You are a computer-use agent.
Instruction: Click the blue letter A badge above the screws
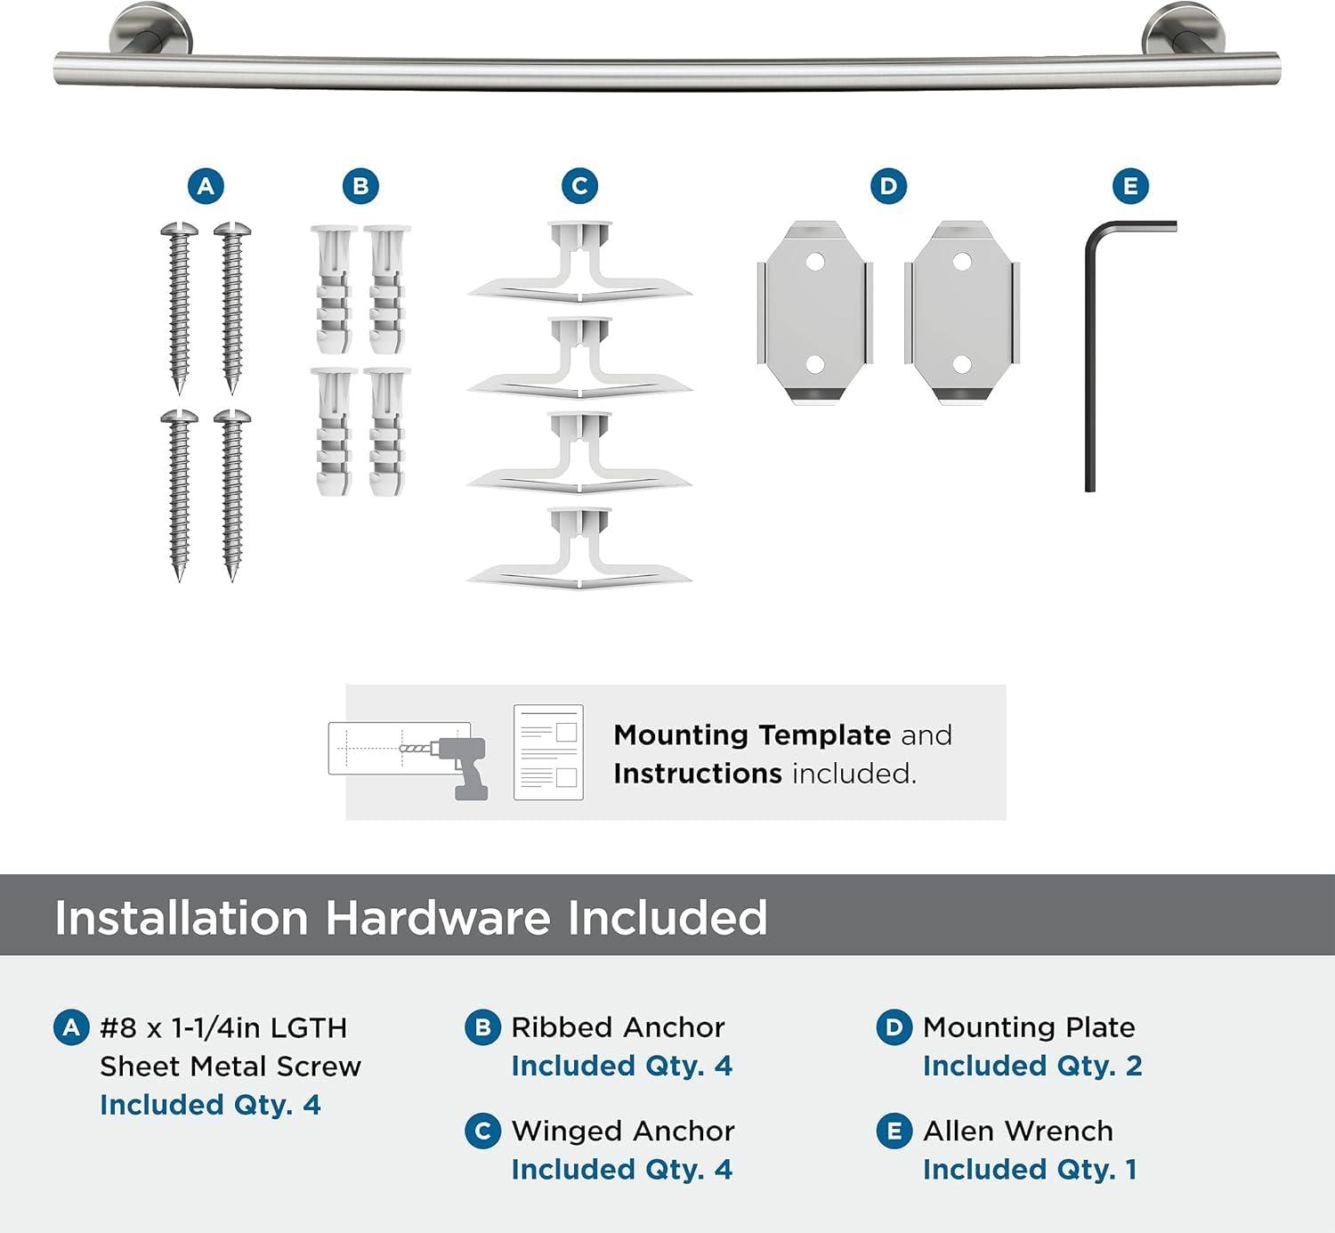(206, 186)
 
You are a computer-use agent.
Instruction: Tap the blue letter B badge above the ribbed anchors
(360, 186)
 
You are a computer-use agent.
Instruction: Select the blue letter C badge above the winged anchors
(579, 186)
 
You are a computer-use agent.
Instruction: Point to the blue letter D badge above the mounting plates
(888, 186)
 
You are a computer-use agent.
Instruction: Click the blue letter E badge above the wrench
(1130, 186)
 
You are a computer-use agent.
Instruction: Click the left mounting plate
(814, 312)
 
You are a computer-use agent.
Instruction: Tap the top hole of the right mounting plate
(961, 263)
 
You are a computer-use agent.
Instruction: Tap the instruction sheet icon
(548, 752)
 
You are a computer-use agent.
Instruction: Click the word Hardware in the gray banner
(437, 917)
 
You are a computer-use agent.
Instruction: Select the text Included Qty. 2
(1032, 1066)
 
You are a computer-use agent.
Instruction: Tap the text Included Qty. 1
(1030, 1169)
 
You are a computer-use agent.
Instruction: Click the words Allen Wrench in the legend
(1018, 1131)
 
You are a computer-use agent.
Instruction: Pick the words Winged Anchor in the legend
(623, 1131)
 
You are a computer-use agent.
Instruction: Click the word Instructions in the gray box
(697, 774)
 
